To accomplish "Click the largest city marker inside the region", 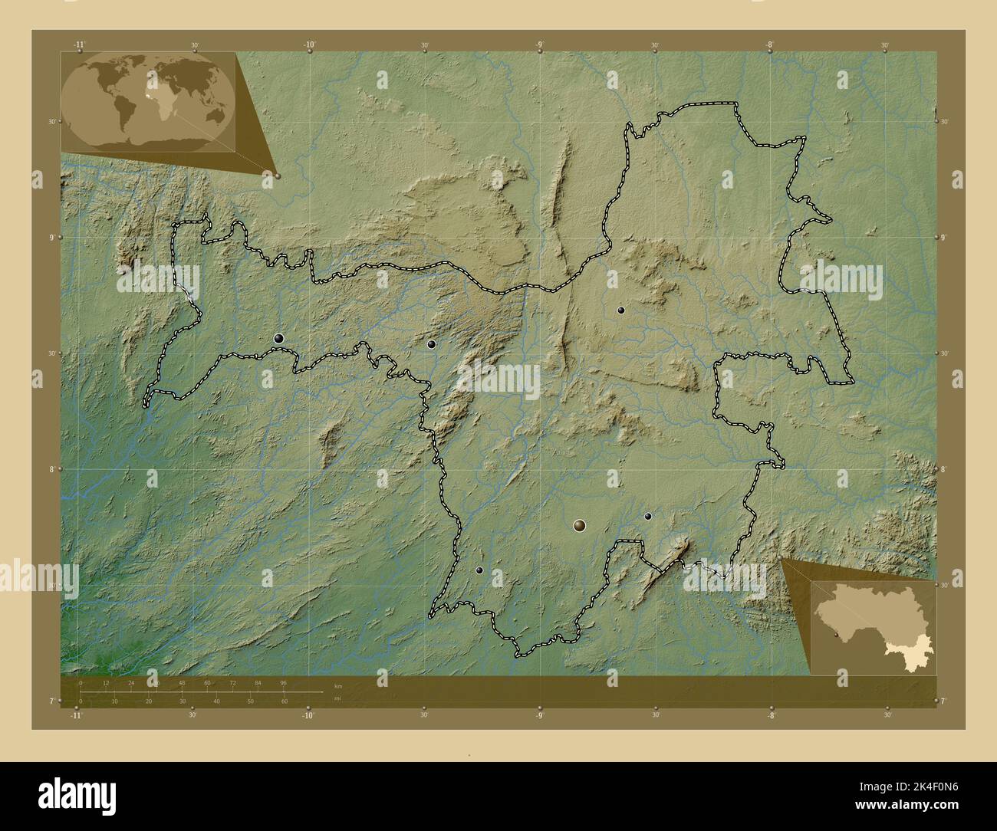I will click(x=579, y=525).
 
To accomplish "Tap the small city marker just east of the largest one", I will click(x=648, y=517).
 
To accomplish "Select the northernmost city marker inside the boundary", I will click(x=621, y=310).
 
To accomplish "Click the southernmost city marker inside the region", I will click(x=479, y=570).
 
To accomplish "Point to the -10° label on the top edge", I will click(x=310, y=45).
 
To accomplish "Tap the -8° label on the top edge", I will click(x=769, y=45).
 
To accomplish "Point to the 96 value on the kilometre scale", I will click(x=283, y=682).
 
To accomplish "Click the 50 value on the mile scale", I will click(x=250, y=701).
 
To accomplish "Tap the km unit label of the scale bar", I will click(x=338, y=685).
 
